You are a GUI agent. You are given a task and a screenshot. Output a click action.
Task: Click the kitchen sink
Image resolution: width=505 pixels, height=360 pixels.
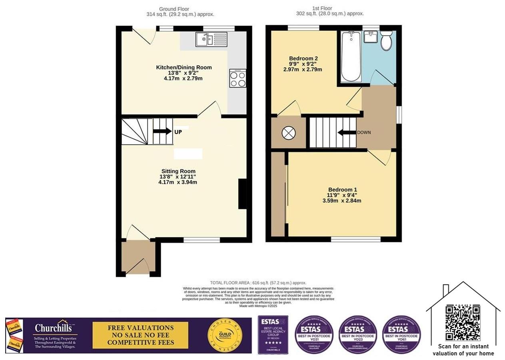[x=211, y=40]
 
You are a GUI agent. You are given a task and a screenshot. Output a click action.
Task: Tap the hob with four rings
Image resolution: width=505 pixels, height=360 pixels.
[x=238, y=78]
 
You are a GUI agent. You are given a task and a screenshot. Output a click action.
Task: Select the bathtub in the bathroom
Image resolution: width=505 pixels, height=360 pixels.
[x=351, y=56]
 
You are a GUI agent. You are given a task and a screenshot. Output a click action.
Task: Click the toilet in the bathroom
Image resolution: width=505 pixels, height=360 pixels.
[x=386, y=42]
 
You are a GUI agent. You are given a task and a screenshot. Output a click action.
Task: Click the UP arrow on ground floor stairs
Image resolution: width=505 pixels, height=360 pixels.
[x=162, y=131]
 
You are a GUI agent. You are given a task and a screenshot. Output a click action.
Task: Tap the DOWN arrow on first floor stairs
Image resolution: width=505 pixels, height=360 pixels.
[x=346, y=132]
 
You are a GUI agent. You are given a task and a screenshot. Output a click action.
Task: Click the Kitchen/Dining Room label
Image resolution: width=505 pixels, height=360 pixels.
[x=184, y=67]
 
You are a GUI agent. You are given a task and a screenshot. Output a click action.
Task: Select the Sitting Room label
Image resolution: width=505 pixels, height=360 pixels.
[x=176, y=171]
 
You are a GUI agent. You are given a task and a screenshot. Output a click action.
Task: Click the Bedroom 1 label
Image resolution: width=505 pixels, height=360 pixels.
[x=342, y=190]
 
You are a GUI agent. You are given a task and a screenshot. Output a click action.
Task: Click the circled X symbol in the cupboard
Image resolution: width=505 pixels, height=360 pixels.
[x=288, y=133]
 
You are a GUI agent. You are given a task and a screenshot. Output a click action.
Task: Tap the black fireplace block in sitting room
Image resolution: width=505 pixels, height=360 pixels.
[x=242, y=194]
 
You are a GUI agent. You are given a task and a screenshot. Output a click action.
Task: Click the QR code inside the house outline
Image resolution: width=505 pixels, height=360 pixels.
[x=463, y=322]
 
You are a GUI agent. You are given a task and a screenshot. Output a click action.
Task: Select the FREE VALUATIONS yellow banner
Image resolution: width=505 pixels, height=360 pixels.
[x=140, y=335]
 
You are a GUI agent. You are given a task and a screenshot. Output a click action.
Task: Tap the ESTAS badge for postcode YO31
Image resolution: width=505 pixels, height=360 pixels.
[x=314, y=334]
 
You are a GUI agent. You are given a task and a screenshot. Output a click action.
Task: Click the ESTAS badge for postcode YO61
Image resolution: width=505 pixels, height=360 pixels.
[x=401, y=334]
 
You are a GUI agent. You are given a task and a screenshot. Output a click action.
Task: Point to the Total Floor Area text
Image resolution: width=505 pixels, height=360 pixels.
[x=258, y=282]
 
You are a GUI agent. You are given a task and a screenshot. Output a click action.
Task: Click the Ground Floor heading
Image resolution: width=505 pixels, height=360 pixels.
[x=174, y=9]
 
